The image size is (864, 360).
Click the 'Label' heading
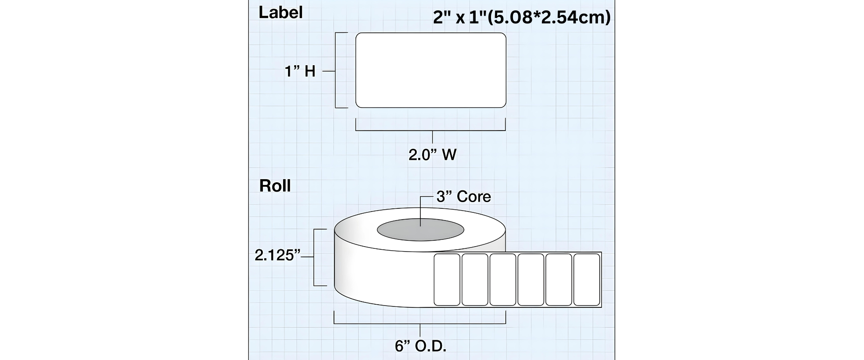[280, 12]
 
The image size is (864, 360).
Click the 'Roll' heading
[275, 185]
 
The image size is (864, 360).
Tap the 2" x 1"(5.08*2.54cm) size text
[522, 17]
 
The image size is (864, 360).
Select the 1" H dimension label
[300, 71]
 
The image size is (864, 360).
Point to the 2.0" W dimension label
[432, 155]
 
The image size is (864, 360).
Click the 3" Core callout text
[463, 197]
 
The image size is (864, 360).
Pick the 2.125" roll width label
[277, 256]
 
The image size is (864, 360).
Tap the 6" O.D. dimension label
[420, 346]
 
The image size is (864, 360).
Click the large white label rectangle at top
[431, 70]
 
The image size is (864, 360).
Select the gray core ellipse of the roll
[420, 230]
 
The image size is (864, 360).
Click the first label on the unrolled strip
[447, 279]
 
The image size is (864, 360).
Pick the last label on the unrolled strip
[587, 279]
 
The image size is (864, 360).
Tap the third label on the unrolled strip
[503, 279]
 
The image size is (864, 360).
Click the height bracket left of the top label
[336, 70]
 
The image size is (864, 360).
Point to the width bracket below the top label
[431, 130]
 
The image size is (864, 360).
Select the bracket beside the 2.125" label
[314, 257]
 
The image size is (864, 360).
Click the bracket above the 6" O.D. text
[420, 324]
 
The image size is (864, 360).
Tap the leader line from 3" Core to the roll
[421, 211]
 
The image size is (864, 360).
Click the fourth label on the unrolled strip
[531, 279]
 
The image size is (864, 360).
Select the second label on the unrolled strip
[475, 279]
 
